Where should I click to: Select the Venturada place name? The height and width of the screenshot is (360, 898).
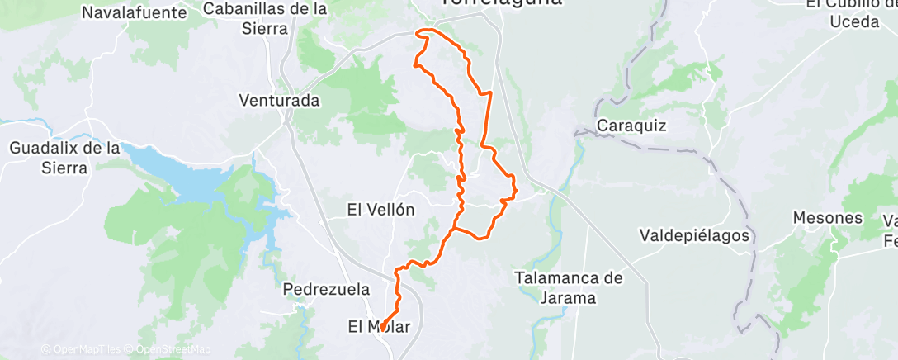279,101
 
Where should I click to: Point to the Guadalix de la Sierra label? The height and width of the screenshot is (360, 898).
65,157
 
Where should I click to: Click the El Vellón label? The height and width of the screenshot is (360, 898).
380,210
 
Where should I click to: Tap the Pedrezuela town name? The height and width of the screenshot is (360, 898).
324,290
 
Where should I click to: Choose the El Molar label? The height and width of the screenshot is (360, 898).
380,327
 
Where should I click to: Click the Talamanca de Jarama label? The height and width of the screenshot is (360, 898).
568,287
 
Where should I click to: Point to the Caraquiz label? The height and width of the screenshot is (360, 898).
631,126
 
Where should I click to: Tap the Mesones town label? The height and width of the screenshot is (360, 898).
827,218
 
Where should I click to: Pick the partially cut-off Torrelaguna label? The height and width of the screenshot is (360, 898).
500,3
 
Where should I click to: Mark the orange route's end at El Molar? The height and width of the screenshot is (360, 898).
382,329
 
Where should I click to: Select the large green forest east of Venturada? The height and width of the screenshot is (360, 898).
363,99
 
